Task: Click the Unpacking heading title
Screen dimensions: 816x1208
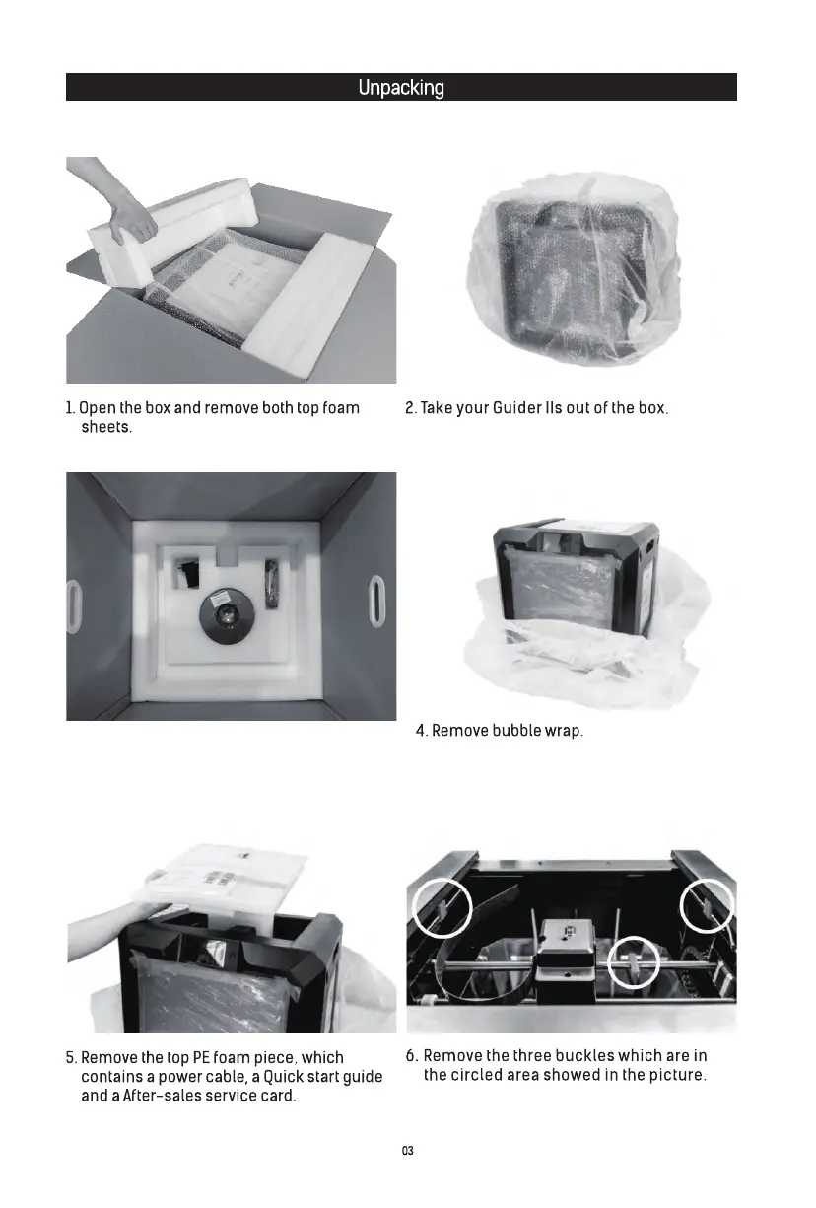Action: pos(401,88)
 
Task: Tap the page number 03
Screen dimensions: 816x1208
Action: pos(407,1151)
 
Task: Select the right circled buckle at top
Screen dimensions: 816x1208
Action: pos(708,903)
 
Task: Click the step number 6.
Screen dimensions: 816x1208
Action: pos(411,1056)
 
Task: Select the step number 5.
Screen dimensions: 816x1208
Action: pos(71,1057)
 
